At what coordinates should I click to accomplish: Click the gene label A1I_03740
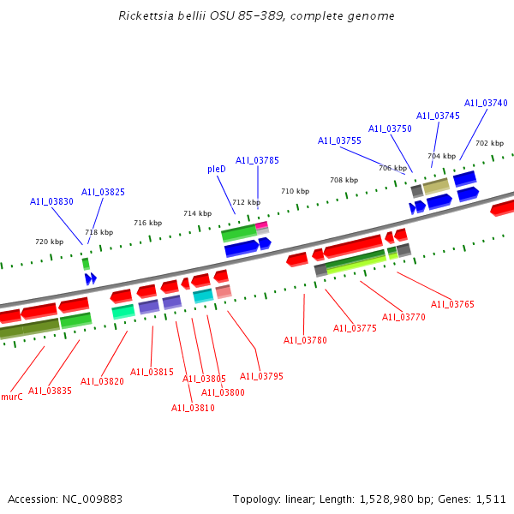(x=486, y=103)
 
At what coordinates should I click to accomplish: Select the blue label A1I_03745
(x=438, y=116)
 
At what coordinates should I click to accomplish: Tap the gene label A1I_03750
(x=390, y=128)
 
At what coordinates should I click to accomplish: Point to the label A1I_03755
(x=339, y=140)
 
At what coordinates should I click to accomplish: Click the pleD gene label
(x=217, y=170)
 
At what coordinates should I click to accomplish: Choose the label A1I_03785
(x=257, y=160)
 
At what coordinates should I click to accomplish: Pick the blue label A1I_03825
(x=103, y=192)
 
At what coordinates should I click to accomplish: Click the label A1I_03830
(x=51, y=201)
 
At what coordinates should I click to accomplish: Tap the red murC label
(x=11, y=397)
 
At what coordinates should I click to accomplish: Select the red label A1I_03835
(x=50, y=391)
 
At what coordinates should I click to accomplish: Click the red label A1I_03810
(x=193, y=408)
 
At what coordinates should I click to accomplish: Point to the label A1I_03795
(x=261, y=376)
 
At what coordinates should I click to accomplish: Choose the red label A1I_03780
(x=305, y=340)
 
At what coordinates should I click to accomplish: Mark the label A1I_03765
(x=452, y=304)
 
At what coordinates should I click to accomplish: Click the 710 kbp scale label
(x=295, y=191)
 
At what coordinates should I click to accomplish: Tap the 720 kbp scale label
(x=49, y=242)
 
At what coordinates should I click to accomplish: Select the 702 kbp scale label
(x=489, y=143)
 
